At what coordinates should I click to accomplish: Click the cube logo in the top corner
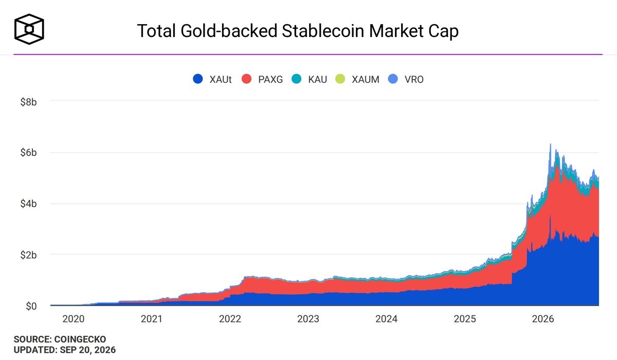29,29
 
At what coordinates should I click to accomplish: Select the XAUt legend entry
212,79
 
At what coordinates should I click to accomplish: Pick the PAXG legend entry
262,79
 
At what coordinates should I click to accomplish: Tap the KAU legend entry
309,79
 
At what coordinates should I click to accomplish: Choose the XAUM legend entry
357,79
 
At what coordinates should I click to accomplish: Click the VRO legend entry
406,79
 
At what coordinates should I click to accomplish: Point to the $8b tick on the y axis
28,102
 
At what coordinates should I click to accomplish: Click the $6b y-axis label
28,153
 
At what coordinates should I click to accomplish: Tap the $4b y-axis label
28,204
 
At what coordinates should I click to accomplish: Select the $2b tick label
28,255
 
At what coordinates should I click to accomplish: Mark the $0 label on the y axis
31,306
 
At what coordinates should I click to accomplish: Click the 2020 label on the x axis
73,319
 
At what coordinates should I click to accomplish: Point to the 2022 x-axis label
230,319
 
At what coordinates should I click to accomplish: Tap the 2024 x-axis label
387,319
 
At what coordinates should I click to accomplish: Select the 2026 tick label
543,319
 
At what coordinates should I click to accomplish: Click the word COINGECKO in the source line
80,339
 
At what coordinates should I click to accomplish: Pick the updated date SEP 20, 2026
87,350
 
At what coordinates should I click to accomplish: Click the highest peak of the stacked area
550,144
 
